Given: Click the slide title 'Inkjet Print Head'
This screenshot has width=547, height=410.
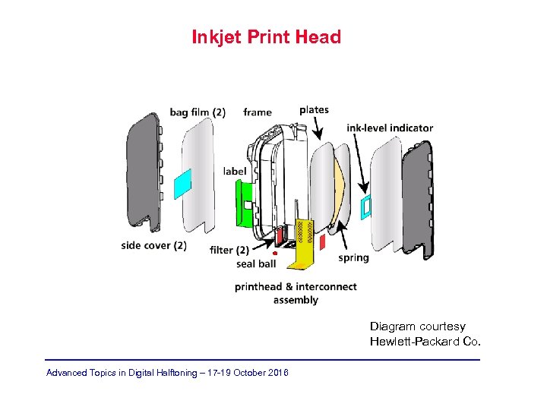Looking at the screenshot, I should tap(266, 36).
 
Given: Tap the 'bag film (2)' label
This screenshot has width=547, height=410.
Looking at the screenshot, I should tap(198, 112).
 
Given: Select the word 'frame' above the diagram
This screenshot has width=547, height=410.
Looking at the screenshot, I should tap(258, 112).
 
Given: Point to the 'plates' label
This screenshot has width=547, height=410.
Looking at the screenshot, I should tap(314, 109).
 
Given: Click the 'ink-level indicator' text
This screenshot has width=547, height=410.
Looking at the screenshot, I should tap(390, 128).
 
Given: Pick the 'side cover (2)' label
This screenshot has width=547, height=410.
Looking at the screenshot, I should tap(153, 245).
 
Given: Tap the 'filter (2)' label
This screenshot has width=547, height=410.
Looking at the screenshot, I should tap(229, 250).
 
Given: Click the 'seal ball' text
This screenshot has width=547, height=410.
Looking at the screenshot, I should tap(256, 264).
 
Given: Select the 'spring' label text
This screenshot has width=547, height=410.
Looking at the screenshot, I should tap(353, 257).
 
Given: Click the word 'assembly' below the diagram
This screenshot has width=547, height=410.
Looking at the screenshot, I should tap(296, 300).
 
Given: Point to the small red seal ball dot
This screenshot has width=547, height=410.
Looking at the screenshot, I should tap(274, 254).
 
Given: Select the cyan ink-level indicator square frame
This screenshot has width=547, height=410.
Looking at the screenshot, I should tap(365, 206).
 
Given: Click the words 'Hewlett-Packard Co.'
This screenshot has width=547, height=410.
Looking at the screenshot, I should tap(425, 342).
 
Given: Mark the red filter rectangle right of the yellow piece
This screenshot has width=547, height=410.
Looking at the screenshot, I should tap(322, 242).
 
